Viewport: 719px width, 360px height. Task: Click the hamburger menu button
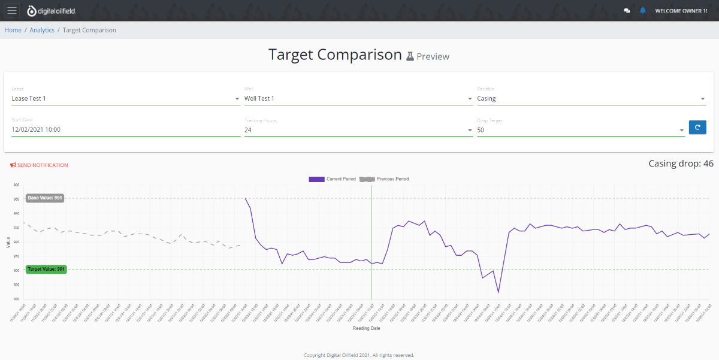[x=13, y=10]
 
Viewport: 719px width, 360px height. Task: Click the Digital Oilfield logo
[x=52, y=11]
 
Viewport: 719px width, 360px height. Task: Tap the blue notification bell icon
[x=643, y=10]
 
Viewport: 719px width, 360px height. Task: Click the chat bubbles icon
[x=627, y=11]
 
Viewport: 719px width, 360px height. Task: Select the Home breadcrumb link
[x=13, y=30]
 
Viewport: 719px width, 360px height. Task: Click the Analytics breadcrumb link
[x=42, y=30]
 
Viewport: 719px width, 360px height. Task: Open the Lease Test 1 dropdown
[x=125, y=98]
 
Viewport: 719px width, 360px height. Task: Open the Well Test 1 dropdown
[x=358, y=98]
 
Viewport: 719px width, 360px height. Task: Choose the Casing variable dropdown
[x=591, y=98]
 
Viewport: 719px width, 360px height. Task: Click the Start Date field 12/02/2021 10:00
[x=125, y=129]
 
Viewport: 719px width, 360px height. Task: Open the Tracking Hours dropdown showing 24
[x=358, y=129]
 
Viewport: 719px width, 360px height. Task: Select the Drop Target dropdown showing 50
[x=580, y=129]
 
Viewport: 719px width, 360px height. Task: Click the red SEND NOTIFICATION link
[x=40, y=165]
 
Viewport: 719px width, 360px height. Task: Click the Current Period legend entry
[x=333, y=179]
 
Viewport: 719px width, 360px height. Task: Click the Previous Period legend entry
[x=385, y=179]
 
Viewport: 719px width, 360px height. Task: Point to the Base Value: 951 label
[x=46, y=198]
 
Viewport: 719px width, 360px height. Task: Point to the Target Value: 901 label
[x=46, y=269]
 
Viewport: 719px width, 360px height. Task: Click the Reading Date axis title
[x=365, y=328]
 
